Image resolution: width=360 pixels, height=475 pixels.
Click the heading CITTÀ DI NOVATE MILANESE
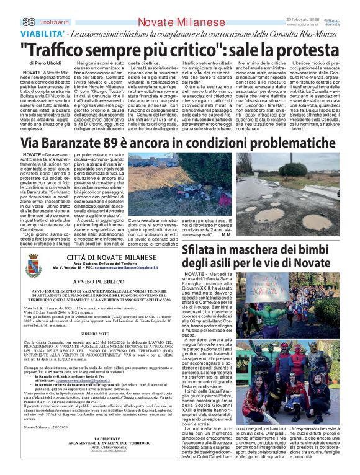[x=103, y=256]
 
